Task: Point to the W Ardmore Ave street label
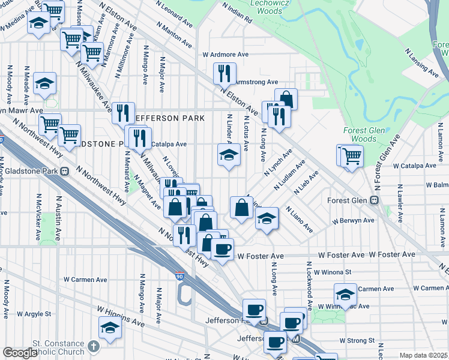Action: [x=225, y=54]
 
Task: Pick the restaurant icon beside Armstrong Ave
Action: [x=224, y=74]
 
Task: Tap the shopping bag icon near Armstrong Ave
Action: [x=286, y=99]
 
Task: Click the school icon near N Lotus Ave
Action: [x=228, y=155]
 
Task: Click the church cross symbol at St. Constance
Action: [x=93, y=346]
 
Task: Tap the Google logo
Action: [x=19, y=353]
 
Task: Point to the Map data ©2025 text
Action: [x=423, y=355]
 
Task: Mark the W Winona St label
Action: [x=333, y=271]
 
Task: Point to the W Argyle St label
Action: [x=36, y=314]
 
